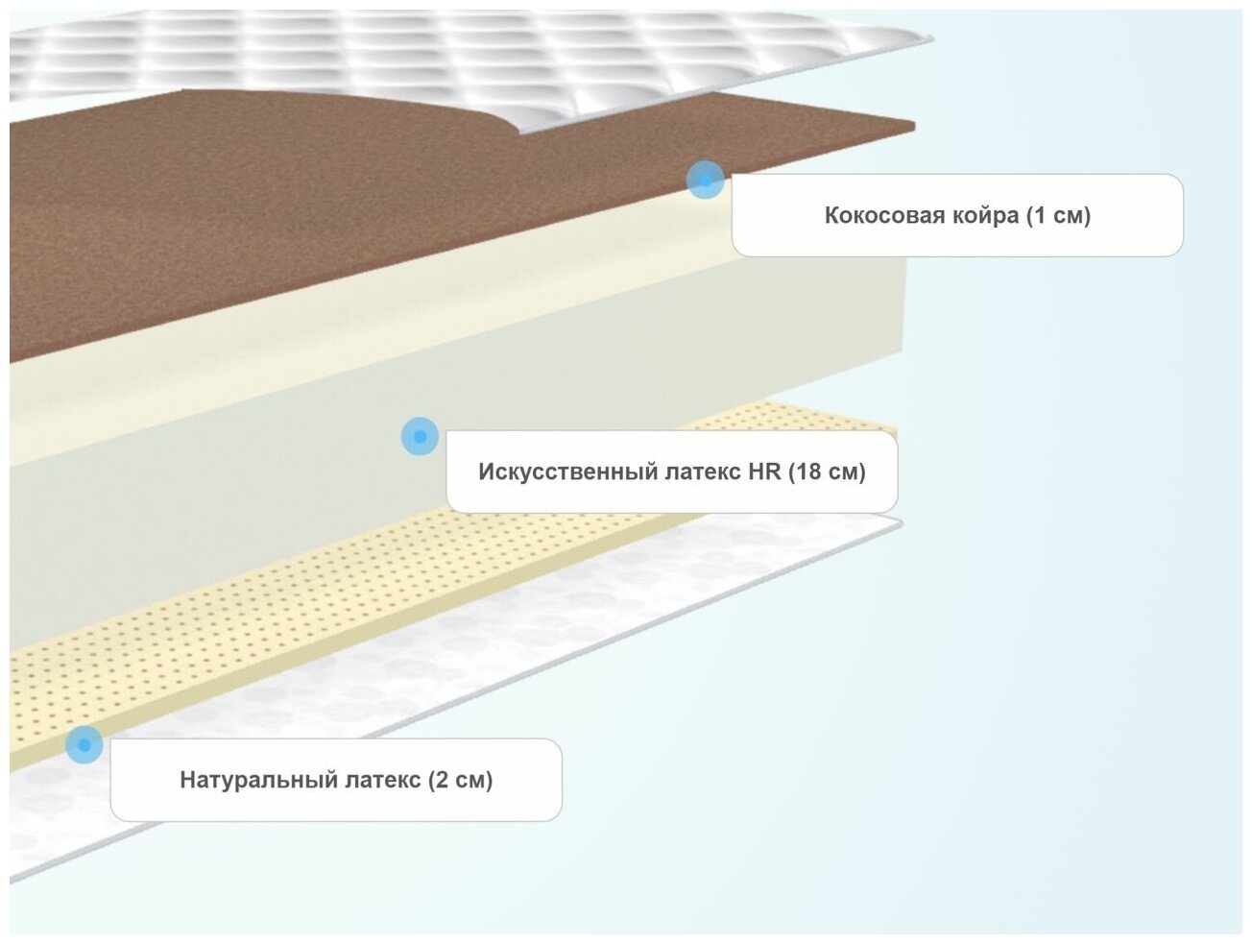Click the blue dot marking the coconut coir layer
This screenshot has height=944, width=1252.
[x=706, y=180]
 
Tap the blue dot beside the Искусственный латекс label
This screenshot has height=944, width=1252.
[x=420, y=436]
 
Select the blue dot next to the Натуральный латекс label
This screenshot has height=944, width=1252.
[x=84, y=744]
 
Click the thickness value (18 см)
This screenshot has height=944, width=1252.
[x=828, y=472]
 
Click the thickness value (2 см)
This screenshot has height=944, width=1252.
[x=461, y=780]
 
